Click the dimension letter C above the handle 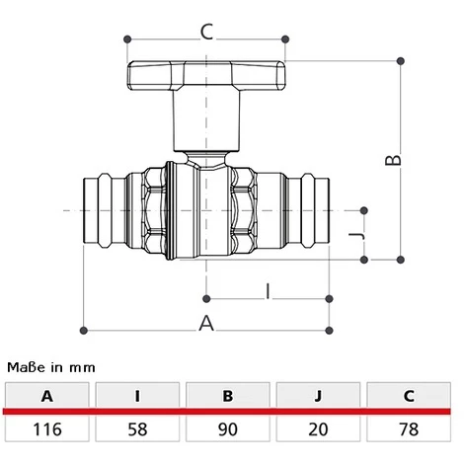click(206, 32)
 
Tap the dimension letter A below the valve click(206, 321)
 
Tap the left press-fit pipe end click(103, 209)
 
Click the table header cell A click(45, 397)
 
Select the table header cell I click(136, 397)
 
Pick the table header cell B click(228, 397)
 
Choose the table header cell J click(318, 397)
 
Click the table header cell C click(409, 397)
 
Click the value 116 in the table click(45, 429)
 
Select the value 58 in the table click(136, 429)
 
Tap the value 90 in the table click(228, 429)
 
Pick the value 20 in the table click(318, 429)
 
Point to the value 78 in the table click(409, 429)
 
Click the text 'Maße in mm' click(51, 366)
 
